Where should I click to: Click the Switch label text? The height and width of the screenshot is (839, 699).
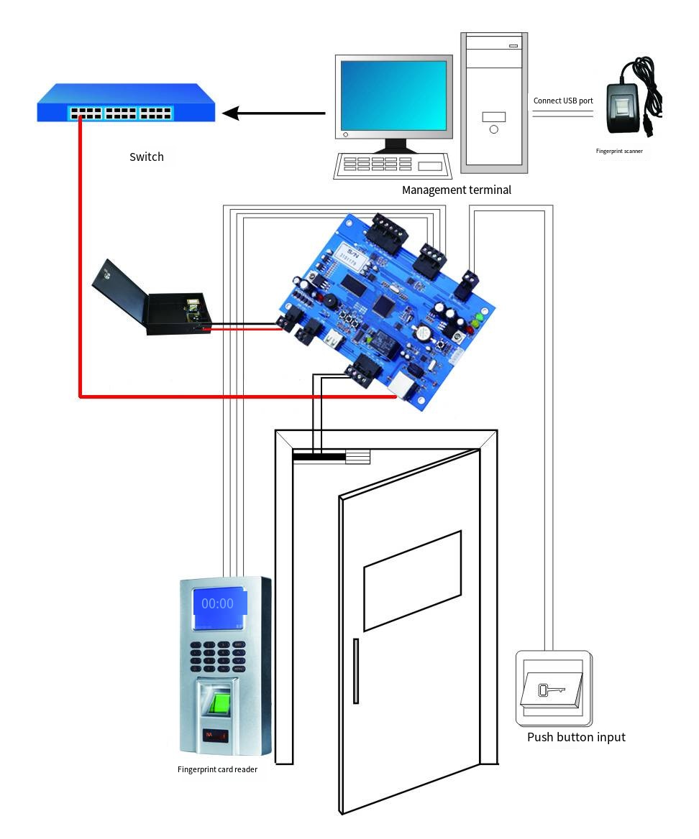point(147,157)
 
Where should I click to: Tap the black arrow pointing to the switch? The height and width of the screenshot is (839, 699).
point(273,113)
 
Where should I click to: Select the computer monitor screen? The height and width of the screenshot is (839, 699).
point(394,96)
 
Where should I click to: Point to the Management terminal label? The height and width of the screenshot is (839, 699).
point(457,190)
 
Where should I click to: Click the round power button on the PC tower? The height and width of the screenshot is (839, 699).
point(494,129)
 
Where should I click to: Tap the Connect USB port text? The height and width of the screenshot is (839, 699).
point(563,101)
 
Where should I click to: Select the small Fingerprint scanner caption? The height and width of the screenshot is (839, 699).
point(619,152)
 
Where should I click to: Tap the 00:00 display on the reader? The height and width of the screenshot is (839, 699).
point(217,603)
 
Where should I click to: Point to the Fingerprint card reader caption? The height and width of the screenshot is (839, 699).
point(217,769)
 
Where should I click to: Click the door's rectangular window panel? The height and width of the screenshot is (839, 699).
point(412,580)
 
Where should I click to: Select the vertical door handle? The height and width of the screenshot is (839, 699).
point(355,672)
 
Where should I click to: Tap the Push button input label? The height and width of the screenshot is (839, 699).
point(576,737)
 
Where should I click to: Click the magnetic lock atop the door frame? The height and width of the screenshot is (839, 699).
point(331,456)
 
